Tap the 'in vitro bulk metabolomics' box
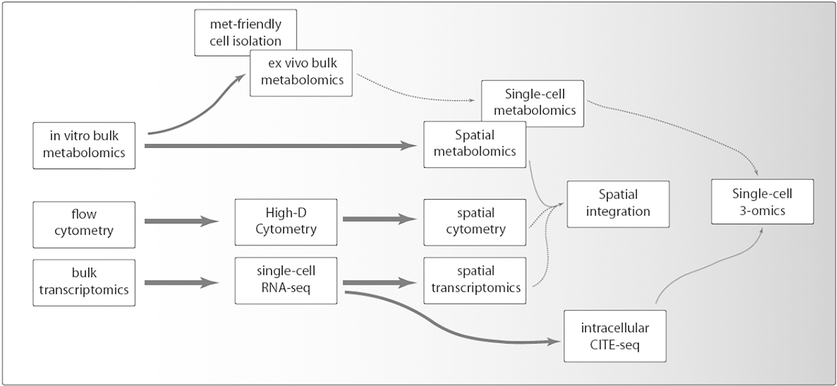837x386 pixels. [84, 145]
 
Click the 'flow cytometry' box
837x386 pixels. [84, 224]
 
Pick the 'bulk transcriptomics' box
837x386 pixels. [84, 283]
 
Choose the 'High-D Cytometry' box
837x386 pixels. [286, 222]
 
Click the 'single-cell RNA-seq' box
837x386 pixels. [286, 280]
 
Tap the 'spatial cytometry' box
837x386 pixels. [475, 222]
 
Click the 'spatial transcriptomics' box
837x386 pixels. [475, 280]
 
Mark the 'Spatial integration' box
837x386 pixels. [618, 204]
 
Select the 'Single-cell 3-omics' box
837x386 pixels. [762, 202]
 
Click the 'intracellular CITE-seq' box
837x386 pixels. [615, 336]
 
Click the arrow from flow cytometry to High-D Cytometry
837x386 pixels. [181, 221]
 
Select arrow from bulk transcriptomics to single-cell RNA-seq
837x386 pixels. [181, 283]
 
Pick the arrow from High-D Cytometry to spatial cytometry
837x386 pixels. [379, 219]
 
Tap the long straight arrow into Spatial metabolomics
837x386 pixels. [279, 146]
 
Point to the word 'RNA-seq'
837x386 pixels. [286, 288]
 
